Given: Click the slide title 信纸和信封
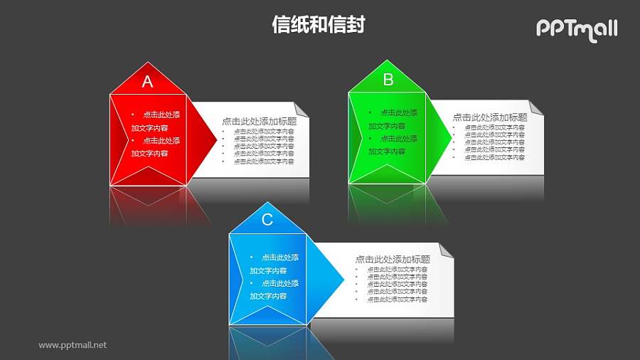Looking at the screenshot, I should [319, 25].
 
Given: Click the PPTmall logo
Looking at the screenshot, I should [576, 29].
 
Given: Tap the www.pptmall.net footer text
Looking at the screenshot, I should [73, 345].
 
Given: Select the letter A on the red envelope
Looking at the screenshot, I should [147, 82].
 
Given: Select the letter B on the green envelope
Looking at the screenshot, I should [388, 80].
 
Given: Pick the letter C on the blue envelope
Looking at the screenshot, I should [267, 220].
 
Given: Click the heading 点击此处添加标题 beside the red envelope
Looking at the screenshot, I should [259, 122].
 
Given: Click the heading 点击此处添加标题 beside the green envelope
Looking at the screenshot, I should [490, 117].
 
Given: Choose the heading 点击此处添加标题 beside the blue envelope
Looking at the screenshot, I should [393, 260].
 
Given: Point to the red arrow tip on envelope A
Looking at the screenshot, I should [212, 135].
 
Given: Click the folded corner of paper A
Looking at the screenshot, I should [302, 109].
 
